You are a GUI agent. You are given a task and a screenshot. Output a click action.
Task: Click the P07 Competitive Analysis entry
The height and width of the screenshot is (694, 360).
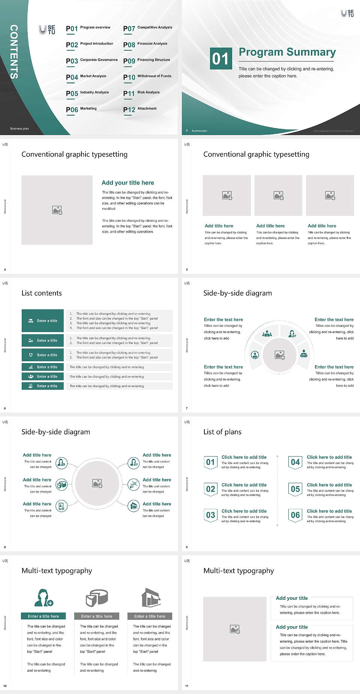147,28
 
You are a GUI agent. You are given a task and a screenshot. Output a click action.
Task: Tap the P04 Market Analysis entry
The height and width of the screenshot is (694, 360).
86,77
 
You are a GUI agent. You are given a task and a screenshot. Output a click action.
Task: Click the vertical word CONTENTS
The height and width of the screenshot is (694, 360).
14,52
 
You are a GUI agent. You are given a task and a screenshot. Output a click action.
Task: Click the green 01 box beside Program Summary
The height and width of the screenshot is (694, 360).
220,59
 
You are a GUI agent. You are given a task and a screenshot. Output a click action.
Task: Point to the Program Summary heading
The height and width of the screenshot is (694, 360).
287,52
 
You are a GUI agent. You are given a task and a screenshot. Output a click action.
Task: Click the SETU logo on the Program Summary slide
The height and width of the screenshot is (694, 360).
347,14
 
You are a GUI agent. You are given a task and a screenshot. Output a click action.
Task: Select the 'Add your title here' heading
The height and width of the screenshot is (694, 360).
127,183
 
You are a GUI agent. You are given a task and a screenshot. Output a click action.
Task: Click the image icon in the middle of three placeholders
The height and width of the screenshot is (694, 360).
278,195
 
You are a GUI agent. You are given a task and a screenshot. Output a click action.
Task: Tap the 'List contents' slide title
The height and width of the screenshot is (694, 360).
42,293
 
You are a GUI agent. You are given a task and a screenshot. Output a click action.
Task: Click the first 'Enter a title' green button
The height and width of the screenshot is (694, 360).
43,321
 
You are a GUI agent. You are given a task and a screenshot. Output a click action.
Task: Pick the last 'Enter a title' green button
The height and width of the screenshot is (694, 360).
43,386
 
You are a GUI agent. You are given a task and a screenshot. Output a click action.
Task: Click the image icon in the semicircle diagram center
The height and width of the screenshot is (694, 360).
280,355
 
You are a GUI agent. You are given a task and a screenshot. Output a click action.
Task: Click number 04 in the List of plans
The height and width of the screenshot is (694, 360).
295,462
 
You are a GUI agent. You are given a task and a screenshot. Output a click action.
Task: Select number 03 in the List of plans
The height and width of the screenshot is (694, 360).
210,515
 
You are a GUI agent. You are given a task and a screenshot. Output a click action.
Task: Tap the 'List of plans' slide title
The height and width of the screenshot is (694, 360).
222,432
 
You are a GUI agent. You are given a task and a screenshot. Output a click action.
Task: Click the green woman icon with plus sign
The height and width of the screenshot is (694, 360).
43,598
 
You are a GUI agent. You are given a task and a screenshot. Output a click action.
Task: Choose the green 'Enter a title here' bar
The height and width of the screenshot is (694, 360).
43,616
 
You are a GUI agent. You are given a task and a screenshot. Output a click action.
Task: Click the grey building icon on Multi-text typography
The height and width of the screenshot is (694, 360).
151,598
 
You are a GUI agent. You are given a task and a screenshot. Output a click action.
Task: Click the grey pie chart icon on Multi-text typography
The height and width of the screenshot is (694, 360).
97,598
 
